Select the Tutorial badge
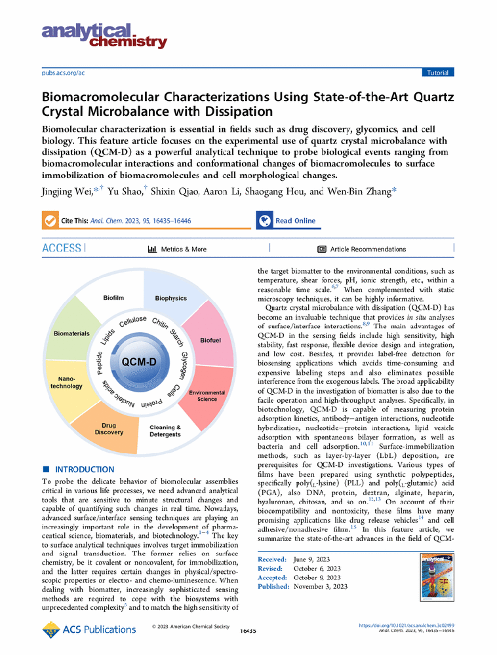439,72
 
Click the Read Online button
294,221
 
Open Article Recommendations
361,250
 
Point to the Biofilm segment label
113,298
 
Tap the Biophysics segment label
171,299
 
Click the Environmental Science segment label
207,396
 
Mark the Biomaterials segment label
71,333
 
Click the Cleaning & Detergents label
165,431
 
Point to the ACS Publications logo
89,629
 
